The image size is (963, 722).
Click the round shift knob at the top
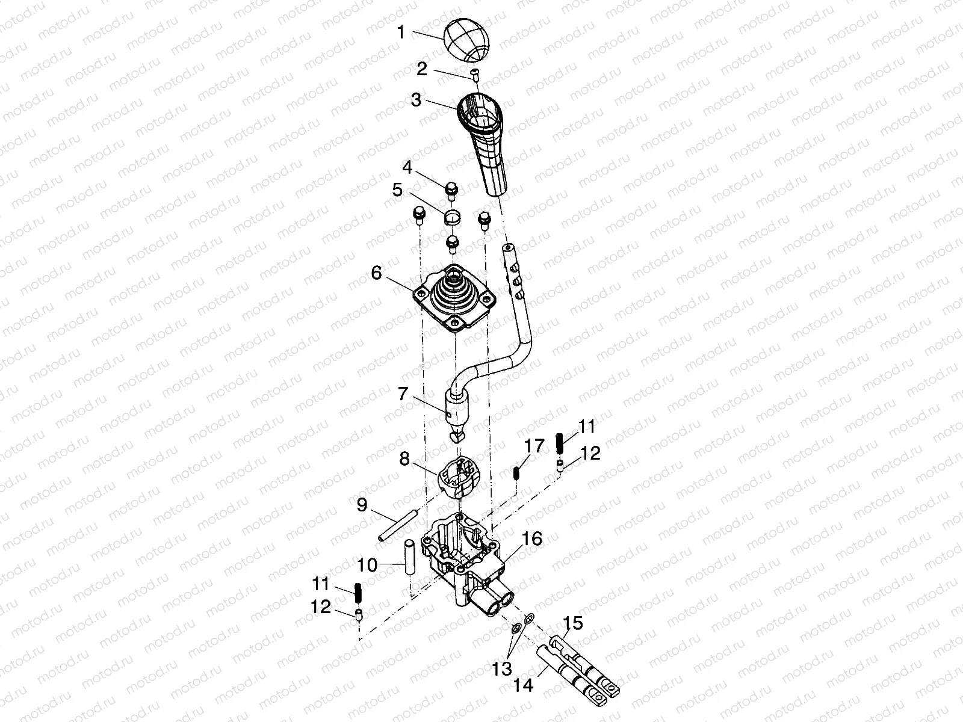468,40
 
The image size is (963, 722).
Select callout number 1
401,32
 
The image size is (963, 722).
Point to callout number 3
416,100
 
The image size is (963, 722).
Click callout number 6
376,273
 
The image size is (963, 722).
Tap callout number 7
403,393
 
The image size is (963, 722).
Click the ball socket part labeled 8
459,478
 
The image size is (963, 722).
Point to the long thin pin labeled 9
397,525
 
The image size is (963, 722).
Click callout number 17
534,446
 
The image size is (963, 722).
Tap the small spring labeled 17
516,474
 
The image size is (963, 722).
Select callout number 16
532,538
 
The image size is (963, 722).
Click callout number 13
502,668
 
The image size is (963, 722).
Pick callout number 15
572,623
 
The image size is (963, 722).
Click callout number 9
362,505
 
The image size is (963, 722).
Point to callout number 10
367,566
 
